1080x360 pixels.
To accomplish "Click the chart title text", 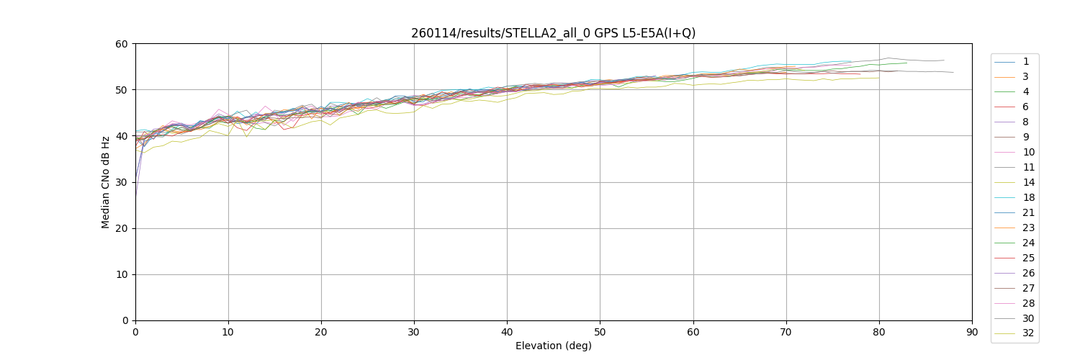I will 553,33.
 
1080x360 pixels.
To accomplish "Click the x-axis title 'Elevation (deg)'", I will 553,346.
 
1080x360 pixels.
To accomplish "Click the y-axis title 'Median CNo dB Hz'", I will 106,182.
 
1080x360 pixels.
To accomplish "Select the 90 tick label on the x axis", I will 972,332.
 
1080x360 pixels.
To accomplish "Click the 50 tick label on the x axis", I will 600,332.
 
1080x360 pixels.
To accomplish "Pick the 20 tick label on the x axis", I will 321,332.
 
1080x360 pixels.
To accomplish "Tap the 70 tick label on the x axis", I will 786,332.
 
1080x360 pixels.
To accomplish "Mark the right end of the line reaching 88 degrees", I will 953,72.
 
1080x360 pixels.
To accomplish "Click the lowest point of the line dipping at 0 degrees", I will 135,196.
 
